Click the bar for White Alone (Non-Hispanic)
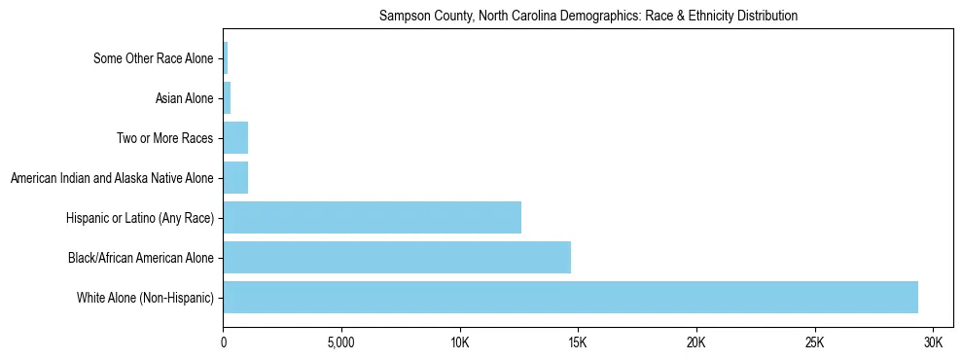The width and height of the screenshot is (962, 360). (570, 297)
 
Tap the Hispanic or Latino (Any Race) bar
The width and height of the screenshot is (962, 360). (372, 217)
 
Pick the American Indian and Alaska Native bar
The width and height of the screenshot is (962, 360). (235, 178)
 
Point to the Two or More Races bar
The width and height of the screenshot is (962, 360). (235, 138)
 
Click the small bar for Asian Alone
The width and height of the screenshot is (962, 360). (227, 98)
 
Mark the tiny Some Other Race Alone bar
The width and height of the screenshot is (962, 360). (226, 58)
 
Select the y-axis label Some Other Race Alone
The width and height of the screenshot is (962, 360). (153, 58)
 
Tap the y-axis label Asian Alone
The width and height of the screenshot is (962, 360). (184, 98)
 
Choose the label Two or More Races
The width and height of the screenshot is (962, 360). (164, 138)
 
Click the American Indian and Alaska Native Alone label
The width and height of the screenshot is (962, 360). (111, 178)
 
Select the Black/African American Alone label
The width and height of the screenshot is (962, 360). (140, 258)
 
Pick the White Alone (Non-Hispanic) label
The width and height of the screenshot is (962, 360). (145, 297)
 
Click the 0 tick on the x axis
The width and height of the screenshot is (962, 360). (224, 343)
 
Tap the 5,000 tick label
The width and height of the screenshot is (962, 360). (341, 343)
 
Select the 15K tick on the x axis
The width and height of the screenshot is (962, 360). (578, 343)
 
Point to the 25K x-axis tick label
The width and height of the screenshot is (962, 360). (814, 343)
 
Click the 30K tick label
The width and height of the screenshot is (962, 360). (933, 343)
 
